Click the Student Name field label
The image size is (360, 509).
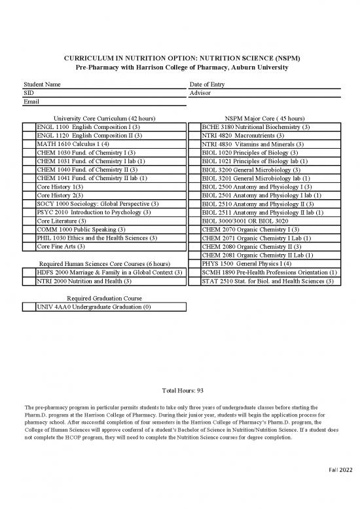tap(43, 85)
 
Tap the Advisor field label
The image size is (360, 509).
tap(200, 94)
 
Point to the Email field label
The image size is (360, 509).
tap(31, 102)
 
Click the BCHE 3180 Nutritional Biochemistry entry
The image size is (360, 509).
tap(256, 126)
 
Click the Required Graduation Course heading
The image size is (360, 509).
tap(105, 298)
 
